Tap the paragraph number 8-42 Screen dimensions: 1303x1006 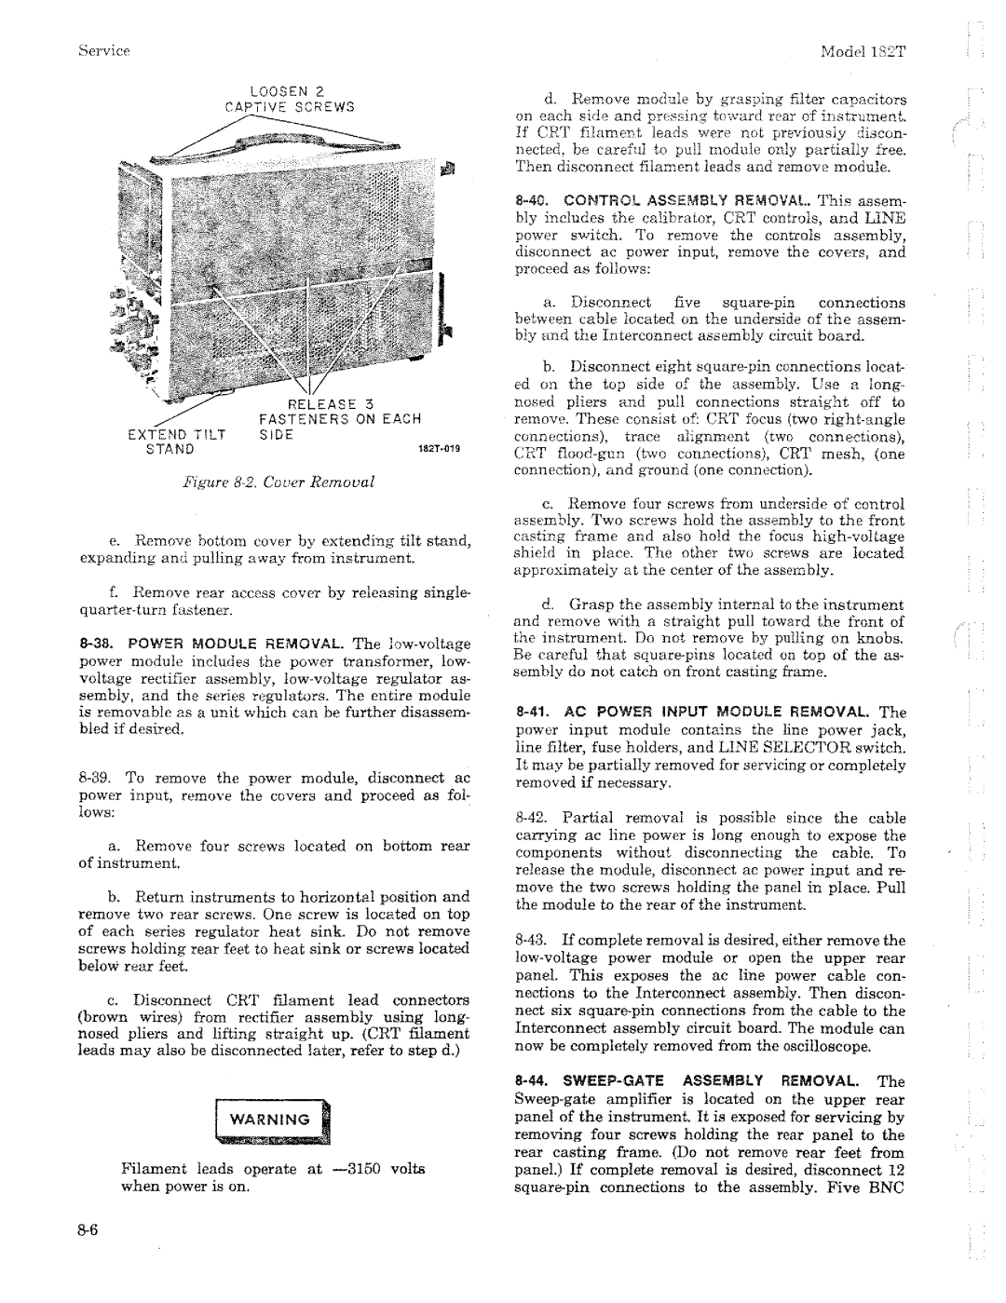[532, 818]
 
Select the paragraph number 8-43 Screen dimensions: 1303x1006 [532, 941]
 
